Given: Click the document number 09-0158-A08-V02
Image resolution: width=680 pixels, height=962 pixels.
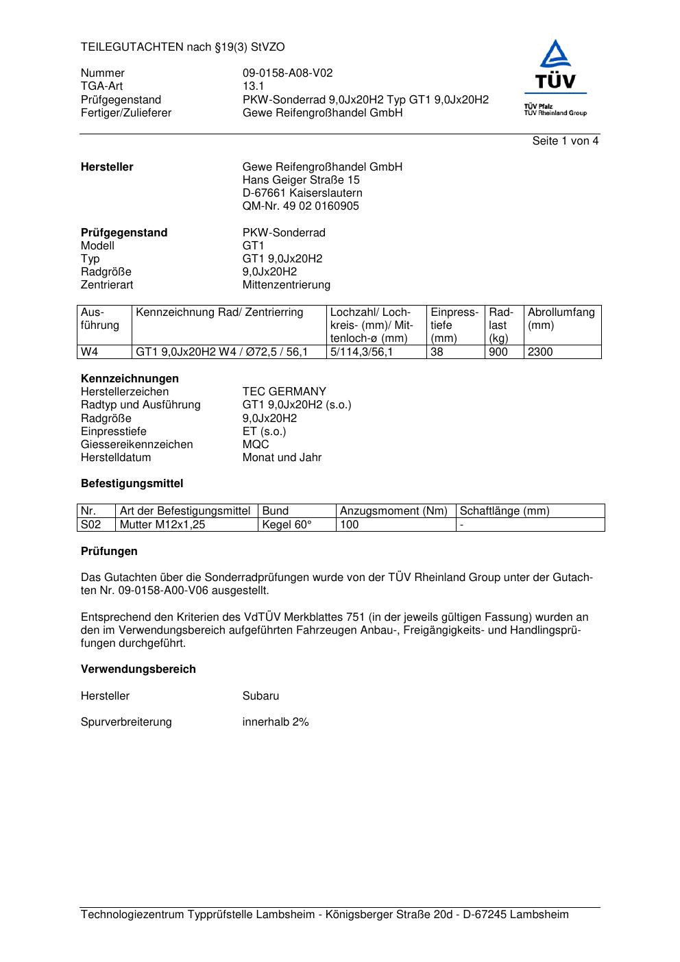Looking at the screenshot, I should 287,73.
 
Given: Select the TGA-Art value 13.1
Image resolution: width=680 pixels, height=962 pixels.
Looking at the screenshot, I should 253,86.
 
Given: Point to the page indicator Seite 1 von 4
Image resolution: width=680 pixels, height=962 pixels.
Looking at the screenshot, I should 565,141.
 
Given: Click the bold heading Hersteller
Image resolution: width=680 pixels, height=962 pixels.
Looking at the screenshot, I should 107,167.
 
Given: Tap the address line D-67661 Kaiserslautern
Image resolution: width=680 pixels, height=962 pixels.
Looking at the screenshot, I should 302,193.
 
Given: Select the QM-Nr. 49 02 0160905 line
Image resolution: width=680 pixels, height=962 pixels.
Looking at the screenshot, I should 300,206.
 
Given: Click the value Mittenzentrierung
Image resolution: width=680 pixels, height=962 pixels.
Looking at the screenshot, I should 286,285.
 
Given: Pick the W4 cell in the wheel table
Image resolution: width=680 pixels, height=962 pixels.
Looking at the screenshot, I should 89,352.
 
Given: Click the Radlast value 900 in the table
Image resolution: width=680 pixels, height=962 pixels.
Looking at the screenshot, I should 498,352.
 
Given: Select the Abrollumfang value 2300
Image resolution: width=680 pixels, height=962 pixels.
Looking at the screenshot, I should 540,352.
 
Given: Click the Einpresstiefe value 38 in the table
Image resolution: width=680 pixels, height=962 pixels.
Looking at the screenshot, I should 437,352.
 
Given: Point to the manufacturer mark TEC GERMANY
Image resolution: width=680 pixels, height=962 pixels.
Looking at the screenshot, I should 284,392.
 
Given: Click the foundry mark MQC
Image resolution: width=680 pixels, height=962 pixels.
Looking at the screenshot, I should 256,445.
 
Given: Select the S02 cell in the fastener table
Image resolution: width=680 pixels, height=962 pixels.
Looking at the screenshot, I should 90,525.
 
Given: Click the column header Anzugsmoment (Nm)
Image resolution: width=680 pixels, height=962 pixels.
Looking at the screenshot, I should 393,511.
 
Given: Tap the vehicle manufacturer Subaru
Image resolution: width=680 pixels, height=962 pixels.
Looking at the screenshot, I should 260,696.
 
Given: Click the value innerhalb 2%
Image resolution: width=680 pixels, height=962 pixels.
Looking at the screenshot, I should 276,722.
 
